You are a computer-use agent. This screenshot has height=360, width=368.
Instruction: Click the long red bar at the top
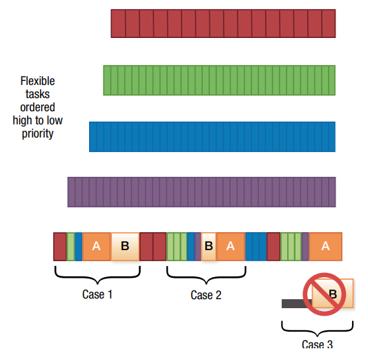point(223,23)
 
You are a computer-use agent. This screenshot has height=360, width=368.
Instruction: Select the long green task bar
point(219,80)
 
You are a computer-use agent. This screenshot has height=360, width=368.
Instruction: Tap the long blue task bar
point(212,137)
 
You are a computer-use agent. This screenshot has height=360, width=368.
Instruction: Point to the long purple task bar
point(202,192)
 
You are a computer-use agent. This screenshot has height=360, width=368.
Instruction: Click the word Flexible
point(37,81)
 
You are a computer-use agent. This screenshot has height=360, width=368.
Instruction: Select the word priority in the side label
point(37,134)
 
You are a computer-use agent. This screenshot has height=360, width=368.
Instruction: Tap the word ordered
point(37,107)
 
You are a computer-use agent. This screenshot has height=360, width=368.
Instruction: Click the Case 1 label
point(97,294)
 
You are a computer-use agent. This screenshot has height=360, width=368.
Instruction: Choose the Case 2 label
point(206,295)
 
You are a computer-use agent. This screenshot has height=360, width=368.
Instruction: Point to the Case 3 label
point(317,344)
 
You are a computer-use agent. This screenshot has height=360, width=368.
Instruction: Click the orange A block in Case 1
point(97,247)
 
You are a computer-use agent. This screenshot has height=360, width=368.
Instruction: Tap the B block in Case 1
point(125,247)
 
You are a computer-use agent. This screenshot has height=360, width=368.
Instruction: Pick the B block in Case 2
point(209,247)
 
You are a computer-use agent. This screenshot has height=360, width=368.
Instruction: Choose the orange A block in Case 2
point(231,247)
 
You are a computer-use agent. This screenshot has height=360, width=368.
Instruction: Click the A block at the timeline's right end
point(325,247)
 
